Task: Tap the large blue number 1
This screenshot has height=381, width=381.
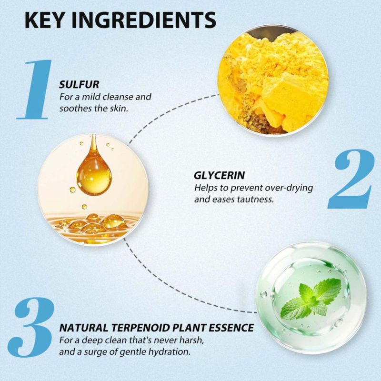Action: tap(35, 89)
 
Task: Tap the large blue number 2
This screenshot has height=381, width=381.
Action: tap(351, 179)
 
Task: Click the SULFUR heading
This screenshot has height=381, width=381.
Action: tap(79, 85)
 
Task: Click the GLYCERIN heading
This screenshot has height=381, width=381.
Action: tap(219, 175)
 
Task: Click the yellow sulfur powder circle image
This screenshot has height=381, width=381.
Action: tap(273, 80)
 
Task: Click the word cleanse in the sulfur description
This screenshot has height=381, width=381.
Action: tap(118, 97)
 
